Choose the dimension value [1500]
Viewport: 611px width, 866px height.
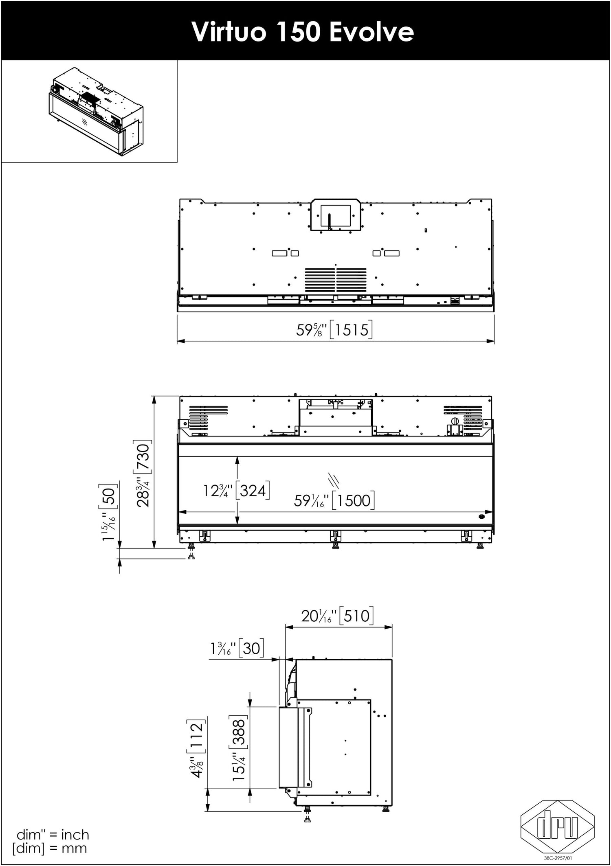(353, 500)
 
